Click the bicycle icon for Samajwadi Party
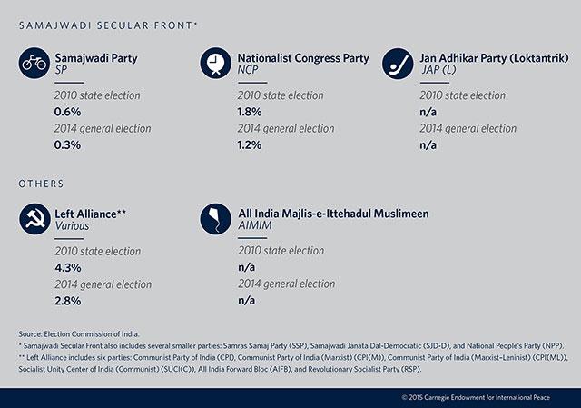[34, 63]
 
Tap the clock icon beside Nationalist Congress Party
[216, 63]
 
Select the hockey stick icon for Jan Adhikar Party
[398, 63]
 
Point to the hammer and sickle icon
[34, 219]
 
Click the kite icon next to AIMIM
[216, 219]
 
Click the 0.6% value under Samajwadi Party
[67, 112]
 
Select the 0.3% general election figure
[67, 144]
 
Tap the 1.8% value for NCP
[250, 112]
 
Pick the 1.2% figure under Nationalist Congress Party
[250, 144]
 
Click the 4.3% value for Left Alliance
[68, 267]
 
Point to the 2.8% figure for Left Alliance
[68, 301]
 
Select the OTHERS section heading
[41, 184]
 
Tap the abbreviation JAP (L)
[438, 70]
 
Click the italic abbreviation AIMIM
[255, 225]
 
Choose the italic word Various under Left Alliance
[72, 225]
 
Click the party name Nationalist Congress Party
[303, 58]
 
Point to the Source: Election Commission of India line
[79, 333]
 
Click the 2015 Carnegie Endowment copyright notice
[476, 397]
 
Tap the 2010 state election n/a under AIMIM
[246, 267]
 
